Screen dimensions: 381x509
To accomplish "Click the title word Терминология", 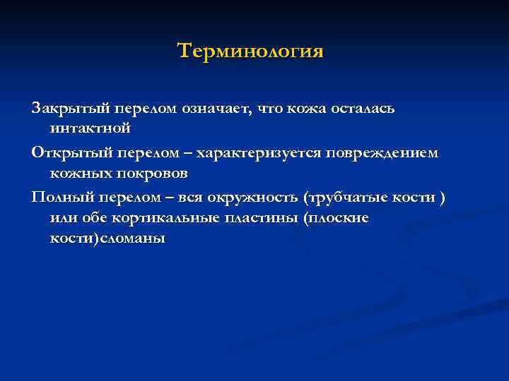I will (250, 52).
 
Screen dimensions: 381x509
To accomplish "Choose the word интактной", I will (90, 129).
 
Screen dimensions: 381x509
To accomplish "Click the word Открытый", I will (66, 153).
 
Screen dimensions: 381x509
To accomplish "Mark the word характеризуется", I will (265, 153).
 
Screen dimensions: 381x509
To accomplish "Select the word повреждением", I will (390, 153).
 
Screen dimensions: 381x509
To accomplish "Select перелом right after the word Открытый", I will (141, 153).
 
